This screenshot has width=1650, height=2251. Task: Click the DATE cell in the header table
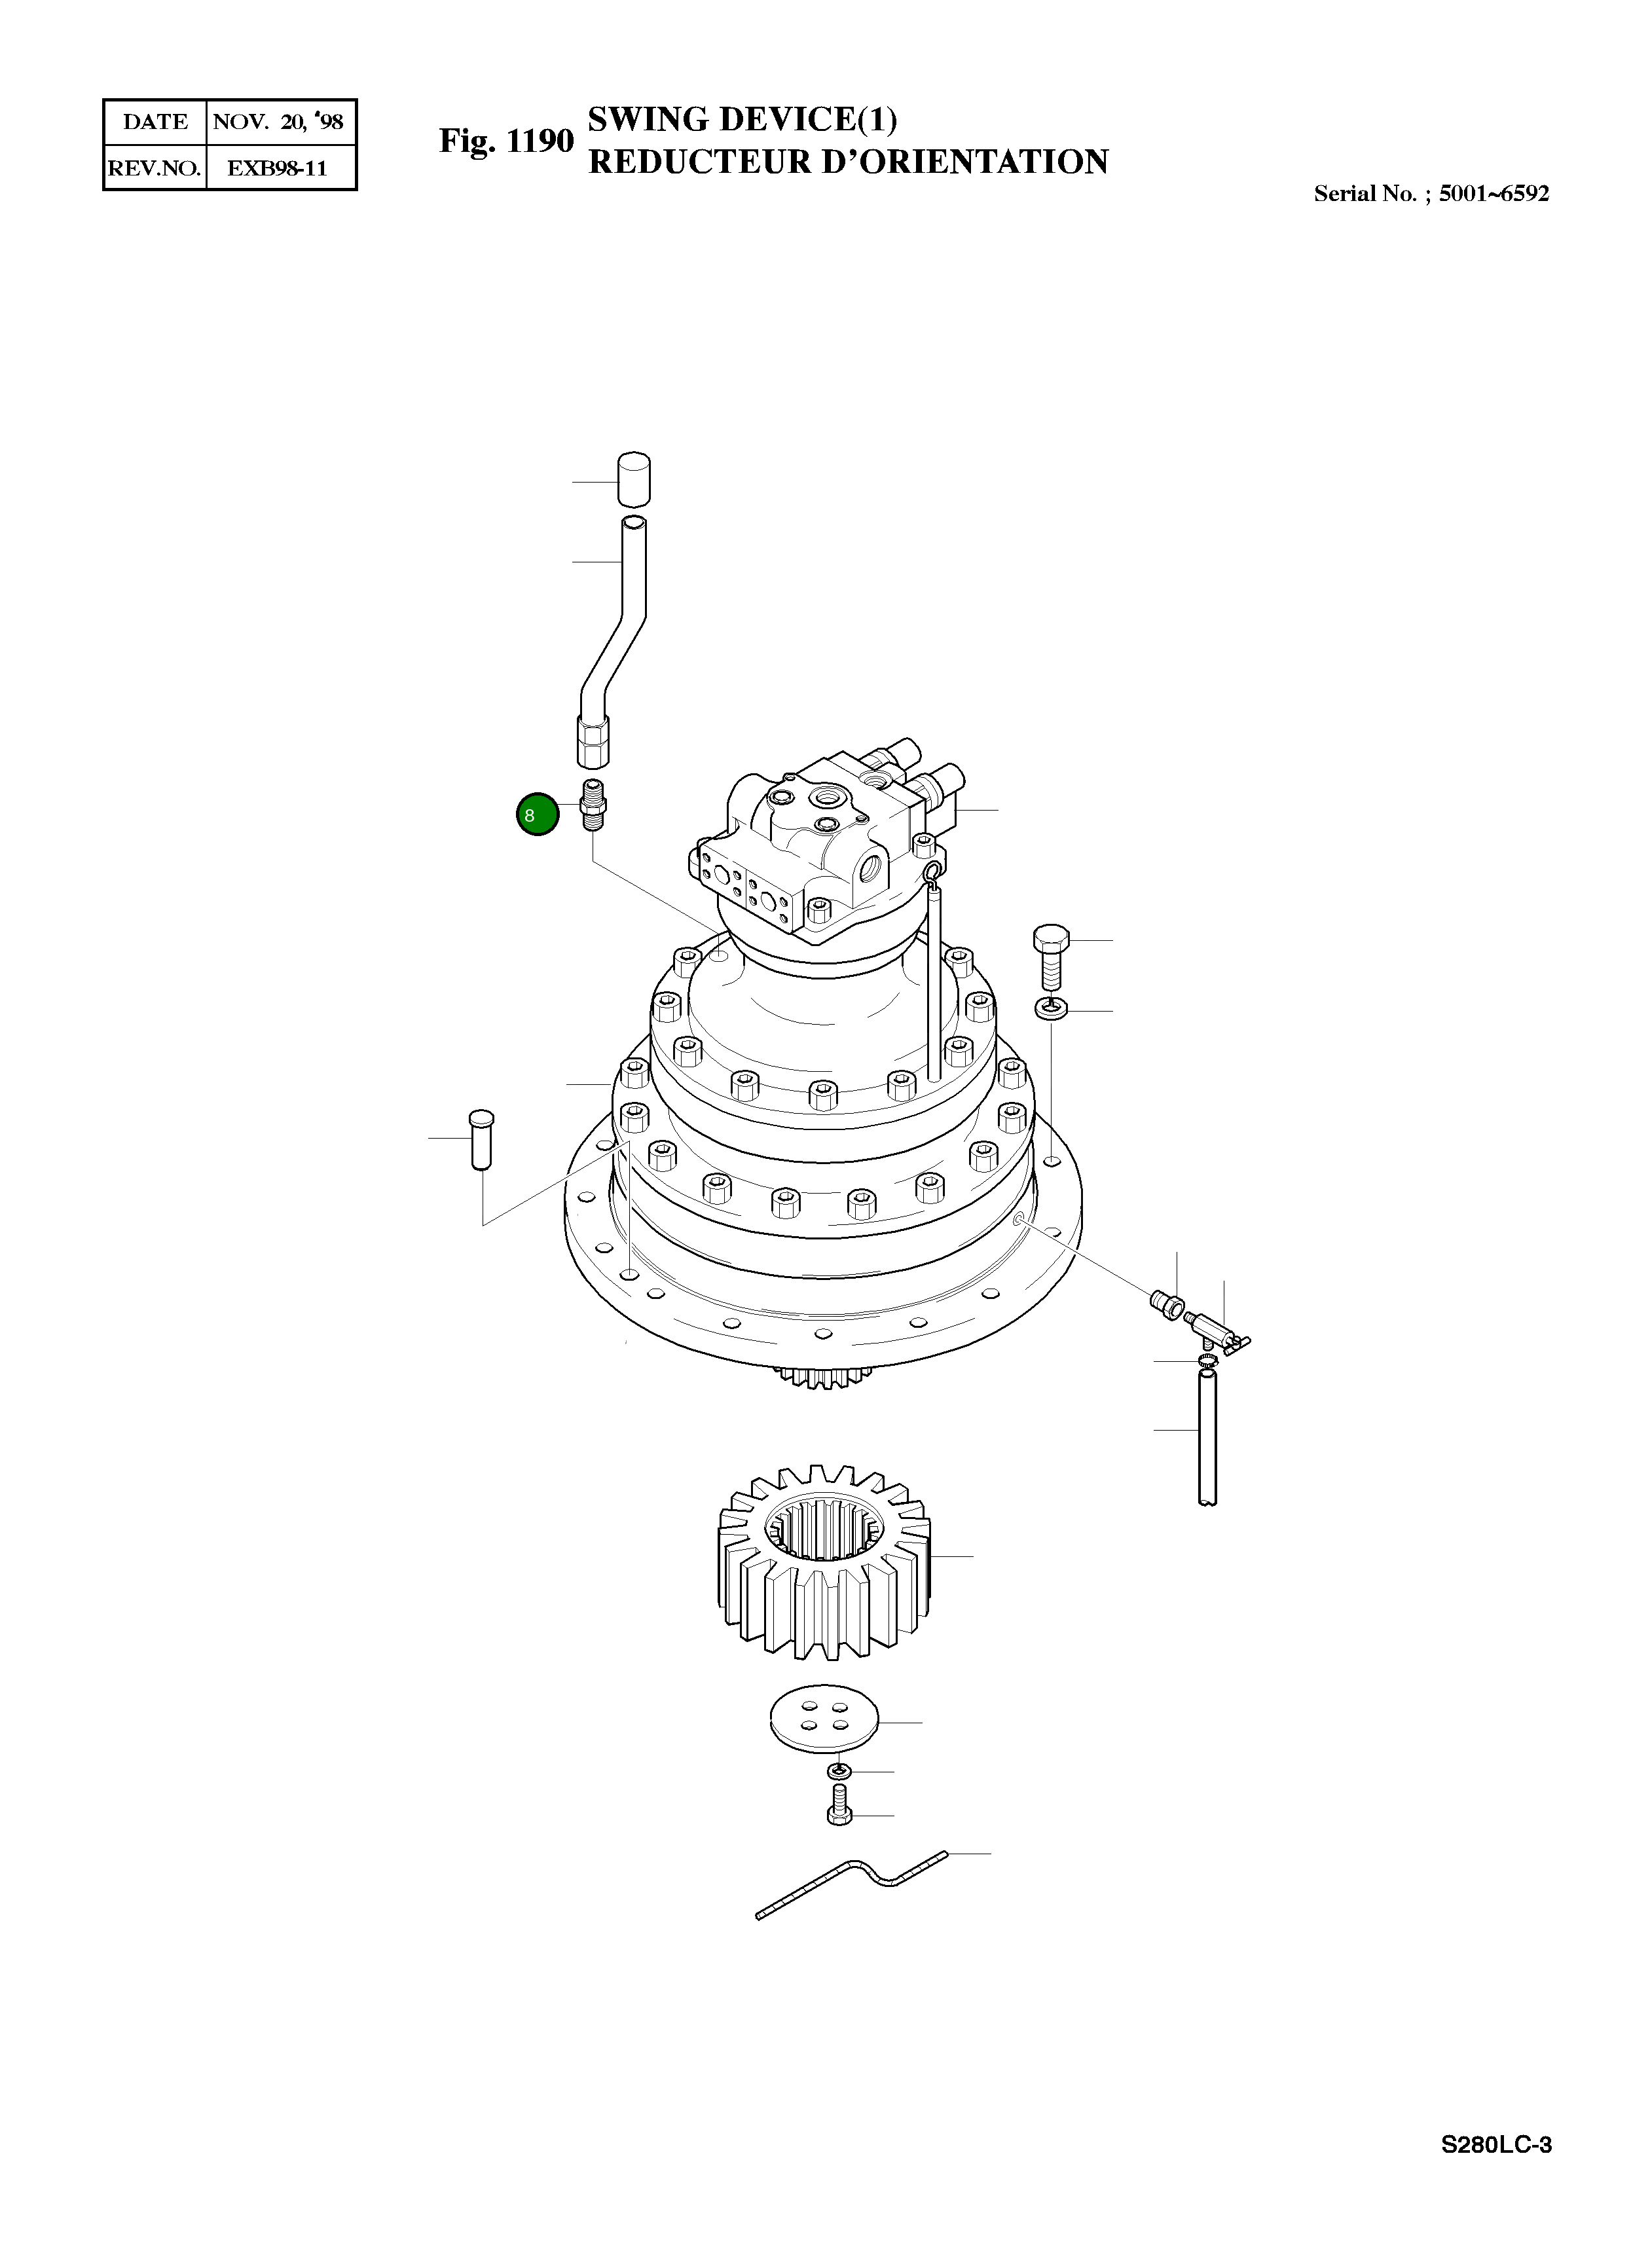[x=155, y=122]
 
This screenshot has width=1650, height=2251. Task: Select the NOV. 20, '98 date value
[x=279, y=122]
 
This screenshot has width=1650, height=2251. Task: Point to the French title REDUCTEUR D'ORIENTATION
[x=847, y=162]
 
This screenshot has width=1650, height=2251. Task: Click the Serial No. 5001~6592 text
[x=1430, y=194]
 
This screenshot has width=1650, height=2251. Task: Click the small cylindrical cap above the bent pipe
[x=633, y=481]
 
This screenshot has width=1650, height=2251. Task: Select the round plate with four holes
[x=824, y=1722]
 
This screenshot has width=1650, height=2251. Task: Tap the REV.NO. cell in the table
[x=155, y=168]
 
